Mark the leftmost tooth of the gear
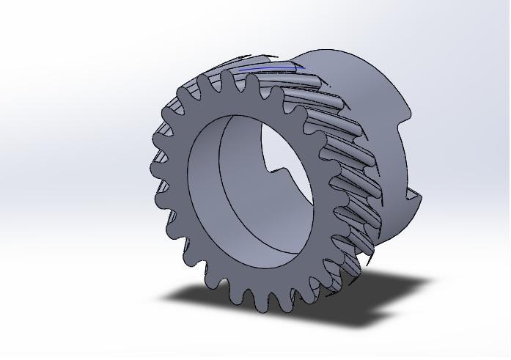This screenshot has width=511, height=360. (155, 169)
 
